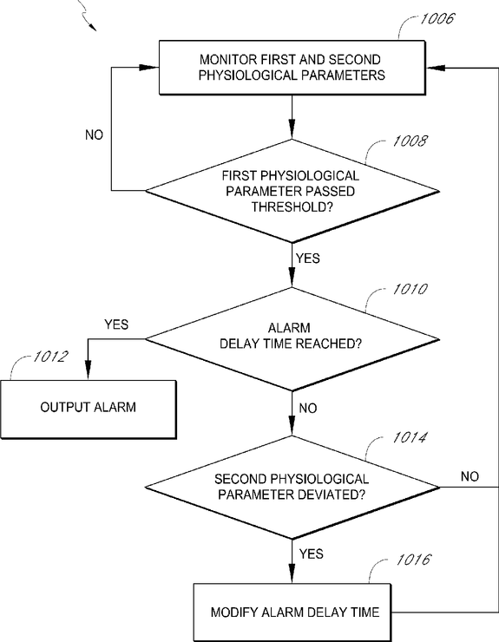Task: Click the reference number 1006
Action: tap(437, 19)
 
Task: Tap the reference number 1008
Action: tap(410, 141)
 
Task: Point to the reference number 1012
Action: tap(50, 357)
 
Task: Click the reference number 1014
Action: tap(410, 438)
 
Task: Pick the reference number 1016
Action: tap(413, 560)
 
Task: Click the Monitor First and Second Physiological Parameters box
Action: tap(292, 68)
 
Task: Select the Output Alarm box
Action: tap(89, 409)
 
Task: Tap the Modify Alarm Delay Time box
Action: tap(292, 613)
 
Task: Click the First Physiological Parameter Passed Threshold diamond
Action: tap(292, 191)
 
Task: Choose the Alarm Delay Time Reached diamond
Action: tap(292, 339)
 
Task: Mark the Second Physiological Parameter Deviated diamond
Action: tap(292, 488)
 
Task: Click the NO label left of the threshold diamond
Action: tap(95, 134)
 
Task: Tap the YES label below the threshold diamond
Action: tap(308, 259)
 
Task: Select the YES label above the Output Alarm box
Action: tap(116, 324)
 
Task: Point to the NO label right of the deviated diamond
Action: tap(469, 476)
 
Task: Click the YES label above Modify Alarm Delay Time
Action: tap(312, 554)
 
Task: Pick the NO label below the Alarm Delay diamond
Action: tap(308, 408)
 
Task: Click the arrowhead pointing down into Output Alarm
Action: tap(88, 366)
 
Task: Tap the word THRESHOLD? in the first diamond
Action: tap(292, 206)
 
